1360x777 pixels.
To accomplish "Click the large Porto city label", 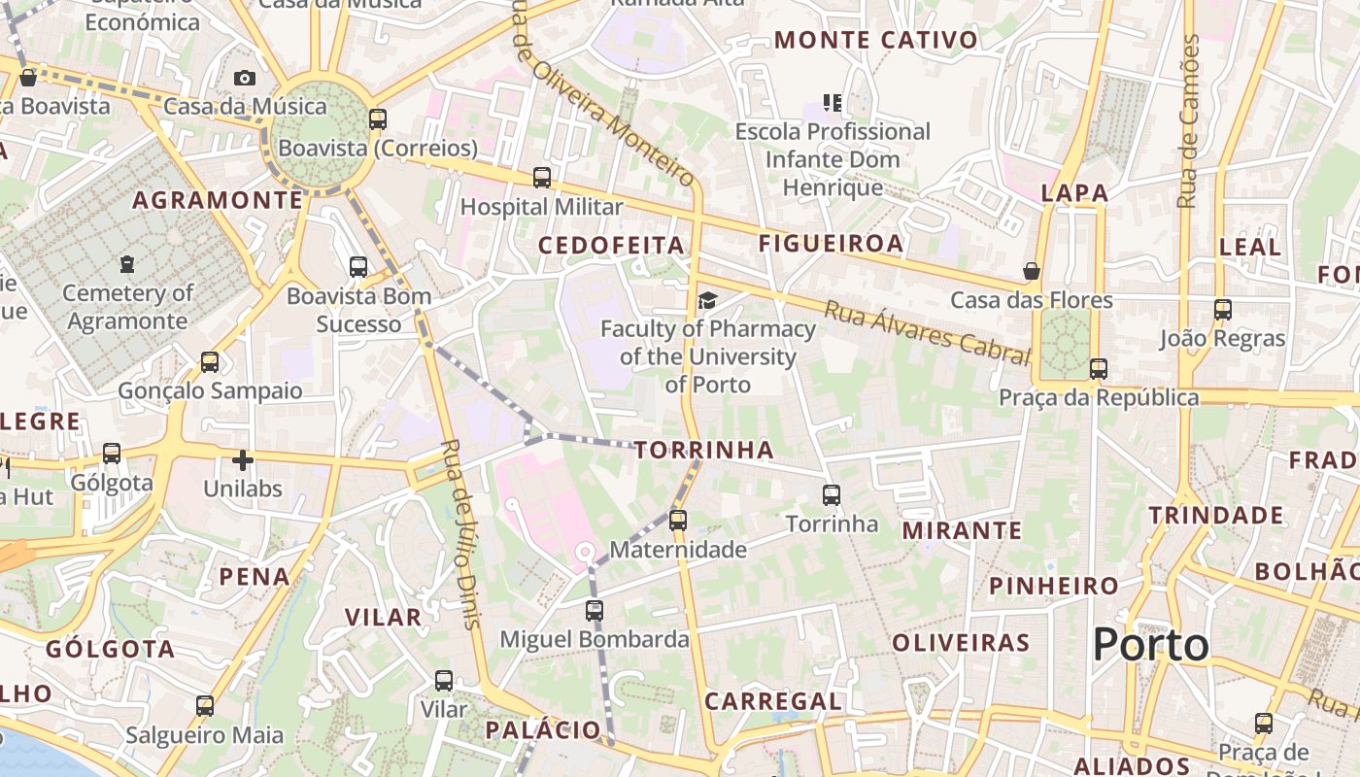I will click(1151, 645).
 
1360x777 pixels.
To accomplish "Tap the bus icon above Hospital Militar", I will click(542, 178).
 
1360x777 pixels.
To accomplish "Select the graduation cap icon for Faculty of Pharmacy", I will click(707, 300).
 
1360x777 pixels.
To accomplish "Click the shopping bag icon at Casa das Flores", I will click(1032, 271).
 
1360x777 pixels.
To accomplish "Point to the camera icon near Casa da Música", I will click(244, 78).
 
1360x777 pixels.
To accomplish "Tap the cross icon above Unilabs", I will click(243, 460).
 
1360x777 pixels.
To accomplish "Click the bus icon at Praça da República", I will click(1099, 369).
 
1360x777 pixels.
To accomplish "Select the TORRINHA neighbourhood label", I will click(704, 450).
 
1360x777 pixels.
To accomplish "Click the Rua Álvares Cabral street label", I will click(927, 333).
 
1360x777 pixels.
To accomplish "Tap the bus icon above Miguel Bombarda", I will click(595, 611).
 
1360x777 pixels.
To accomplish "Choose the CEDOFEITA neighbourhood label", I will click(612, 246).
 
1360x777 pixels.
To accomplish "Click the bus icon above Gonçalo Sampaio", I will click(210, 362).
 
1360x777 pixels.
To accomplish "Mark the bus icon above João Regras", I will click(1223, 310).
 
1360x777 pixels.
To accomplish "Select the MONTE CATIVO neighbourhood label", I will click(876, 40).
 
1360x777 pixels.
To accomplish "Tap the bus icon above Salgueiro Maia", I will click(205, 706).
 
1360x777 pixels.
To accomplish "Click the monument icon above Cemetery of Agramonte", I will click(127, 263).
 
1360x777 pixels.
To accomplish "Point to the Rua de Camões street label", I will click(1187, 121).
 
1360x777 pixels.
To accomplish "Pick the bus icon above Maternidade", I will click(678, 521).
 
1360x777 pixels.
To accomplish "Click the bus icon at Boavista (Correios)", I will click(378, 119).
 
